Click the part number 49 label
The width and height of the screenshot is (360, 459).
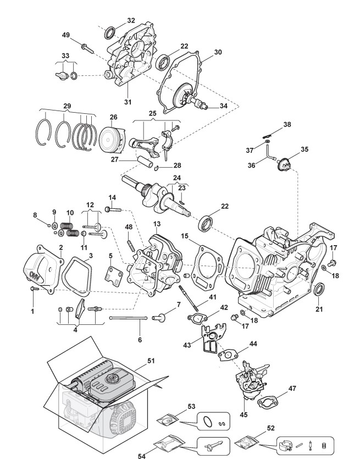[66, 35]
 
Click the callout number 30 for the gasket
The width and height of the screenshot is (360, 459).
[218, 52]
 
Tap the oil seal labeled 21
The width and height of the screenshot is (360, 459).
[319, 289]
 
